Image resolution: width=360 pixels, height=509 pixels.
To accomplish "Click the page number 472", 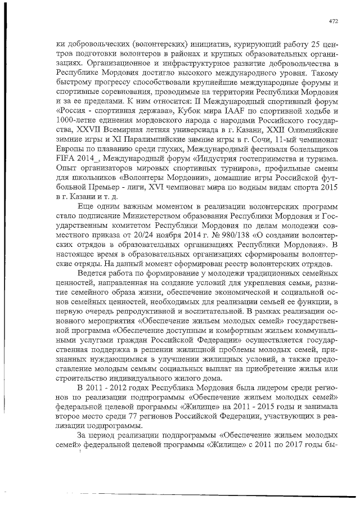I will click(333, 22).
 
